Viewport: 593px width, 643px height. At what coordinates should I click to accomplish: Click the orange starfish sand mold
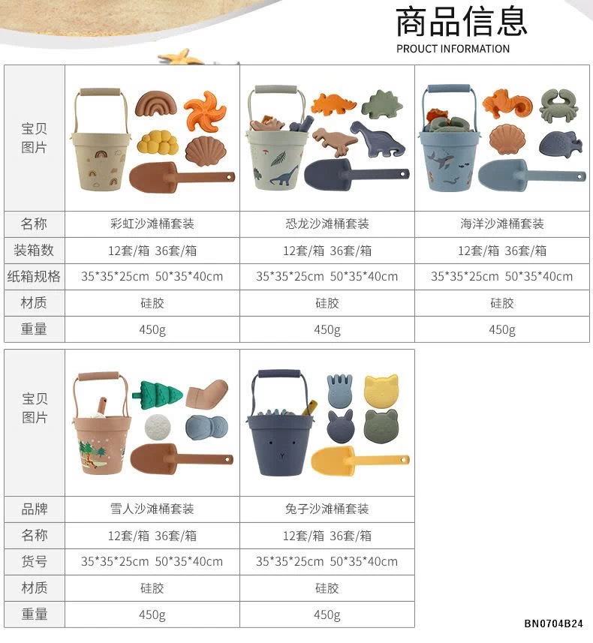205,110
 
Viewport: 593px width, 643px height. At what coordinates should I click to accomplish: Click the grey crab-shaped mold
557,106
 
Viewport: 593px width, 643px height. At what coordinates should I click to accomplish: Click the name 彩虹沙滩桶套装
152,224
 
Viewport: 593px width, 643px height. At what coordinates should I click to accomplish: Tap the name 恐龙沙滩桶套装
327,224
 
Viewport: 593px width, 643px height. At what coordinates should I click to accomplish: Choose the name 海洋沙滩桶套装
502,224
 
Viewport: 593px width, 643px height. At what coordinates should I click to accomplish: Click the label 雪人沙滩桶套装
152,509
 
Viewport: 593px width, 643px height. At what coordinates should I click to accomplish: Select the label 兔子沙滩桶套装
327,509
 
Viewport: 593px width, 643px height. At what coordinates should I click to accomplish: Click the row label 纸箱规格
34,276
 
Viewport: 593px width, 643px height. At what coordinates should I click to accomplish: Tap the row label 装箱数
34,250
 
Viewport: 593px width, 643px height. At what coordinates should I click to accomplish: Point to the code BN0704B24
553,624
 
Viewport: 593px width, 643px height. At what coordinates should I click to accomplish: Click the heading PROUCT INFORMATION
453,49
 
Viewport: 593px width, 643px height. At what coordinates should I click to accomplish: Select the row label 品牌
34,509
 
